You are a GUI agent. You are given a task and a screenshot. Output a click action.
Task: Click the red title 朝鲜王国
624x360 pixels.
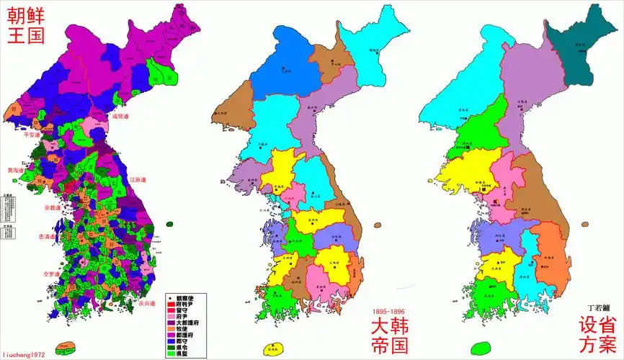25,26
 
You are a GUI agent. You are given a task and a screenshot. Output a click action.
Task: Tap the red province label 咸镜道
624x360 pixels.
120,116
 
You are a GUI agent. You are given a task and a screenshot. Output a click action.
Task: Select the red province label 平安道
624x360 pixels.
32,135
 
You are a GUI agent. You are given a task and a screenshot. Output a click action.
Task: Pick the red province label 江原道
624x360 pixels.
138,179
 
